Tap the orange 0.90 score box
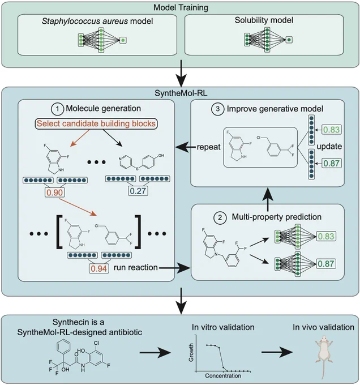tap(55, 192)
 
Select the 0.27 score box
tap(138, 191)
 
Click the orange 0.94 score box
tap(98, 268)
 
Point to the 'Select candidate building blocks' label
tap(96, 123)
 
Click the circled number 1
tap(57, 109)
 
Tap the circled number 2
tap(220, 217)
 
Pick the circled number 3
tap(218, 109)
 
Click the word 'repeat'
tap(209, 147)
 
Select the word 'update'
tap(329, 146)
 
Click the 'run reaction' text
tap(135, 267)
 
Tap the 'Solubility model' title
tap(264, 20)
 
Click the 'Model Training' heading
tap(181, 7)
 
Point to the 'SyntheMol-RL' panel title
tap(181, 93)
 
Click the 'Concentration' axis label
tap(223, 376)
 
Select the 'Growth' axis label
tap(191, 352)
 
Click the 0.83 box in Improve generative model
tap(331, 130)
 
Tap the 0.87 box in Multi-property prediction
tap(325, 264)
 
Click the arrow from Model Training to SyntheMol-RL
tap(181, 73)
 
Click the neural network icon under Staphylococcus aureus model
tap(102, 40)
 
